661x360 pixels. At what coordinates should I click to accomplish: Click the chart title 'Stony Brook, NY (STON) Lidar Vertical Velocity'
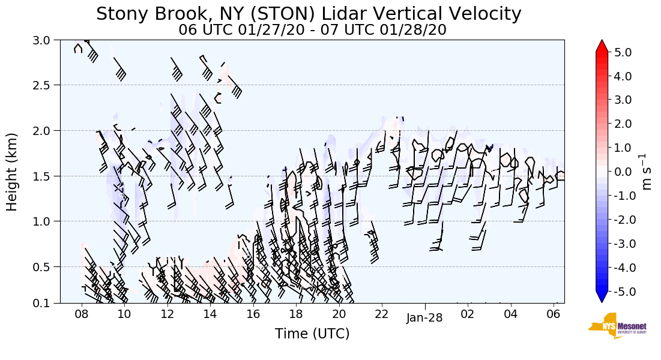click(x=309, y=13)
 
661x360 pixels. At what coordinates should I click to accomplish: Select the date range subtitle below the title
click(x=312, y=29)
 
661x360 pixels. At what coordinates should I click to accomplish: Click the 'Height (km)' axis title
click(x=13, y=172)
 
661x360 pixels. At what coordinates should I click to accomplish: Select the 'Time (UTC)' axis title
click(x=312, y=334)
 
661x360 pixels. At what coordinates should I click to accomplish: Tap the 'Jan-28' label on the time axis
click(x=424, y=318)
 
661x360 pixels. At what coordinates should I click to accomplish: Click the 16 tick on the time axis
click(x=253, y=314)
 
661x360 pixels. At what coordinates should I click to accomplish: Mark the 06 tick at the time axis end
click(x=554, y=314)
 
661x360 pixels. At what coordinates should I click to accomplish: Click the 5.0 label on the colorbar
click(x=623, y=52)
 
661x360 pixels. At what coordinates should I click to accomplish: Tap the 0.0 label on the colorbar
click(x=623, y=172)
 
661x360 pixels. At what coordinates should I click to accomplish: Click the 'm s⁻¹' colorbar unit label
click(x=647, y=172)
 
